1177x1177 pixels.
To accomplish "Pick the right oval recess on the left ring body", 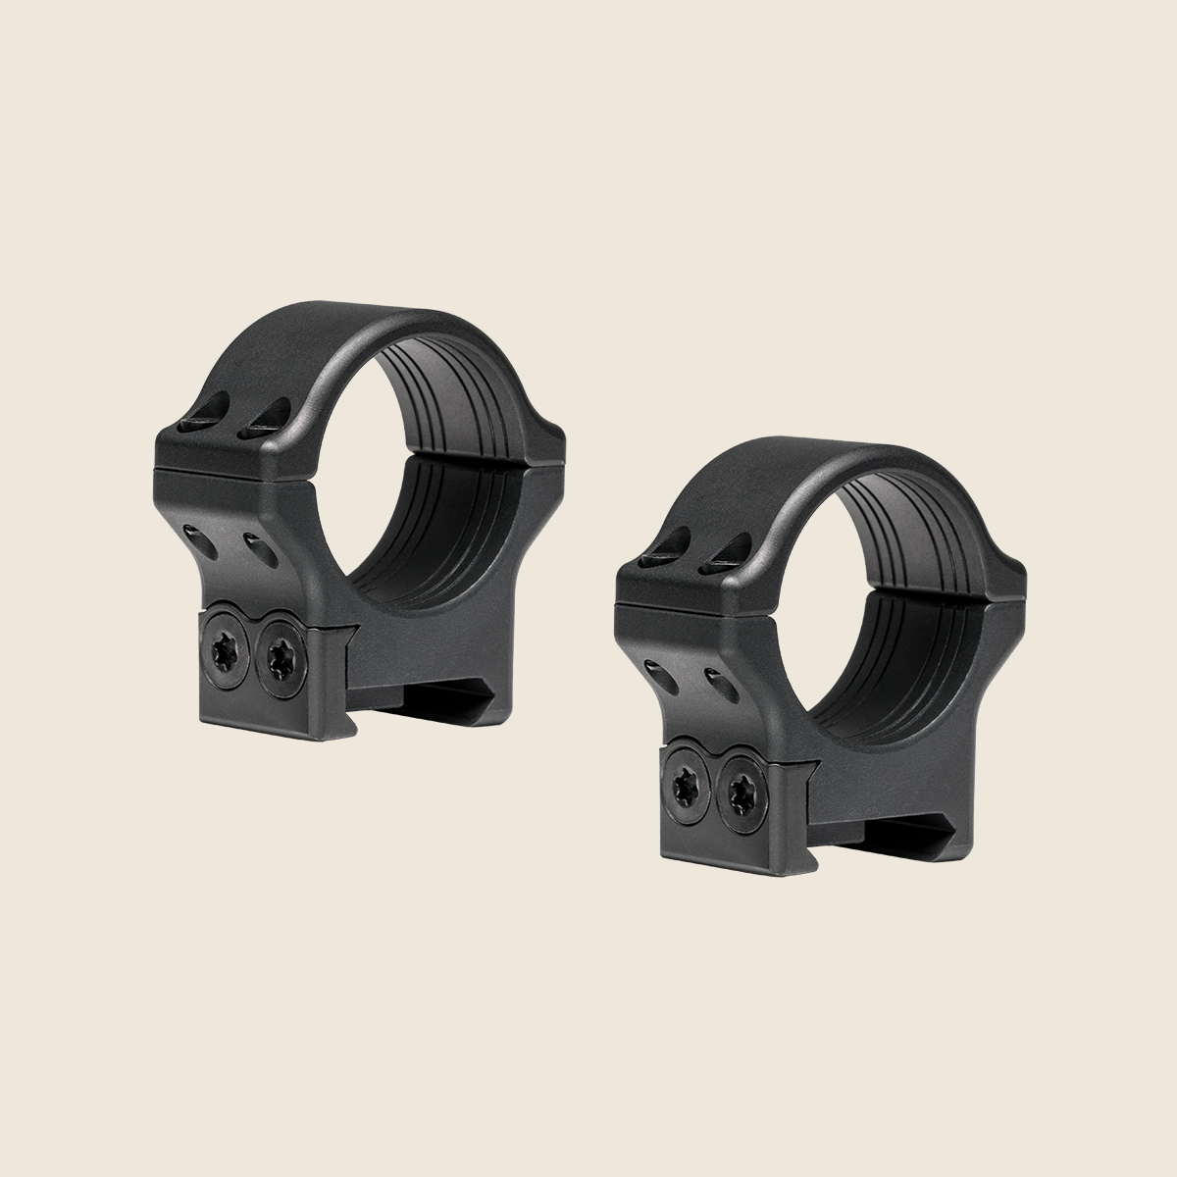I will coord(259,545).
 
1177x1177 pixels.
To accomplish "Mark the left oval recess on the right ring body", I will coord(655,668).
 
